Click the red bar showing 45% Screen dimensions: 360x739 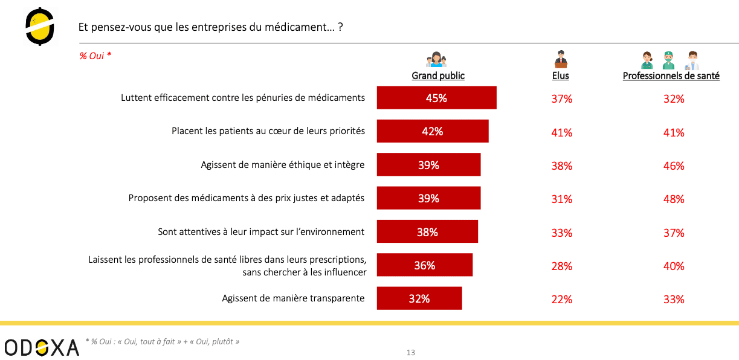(436, 98)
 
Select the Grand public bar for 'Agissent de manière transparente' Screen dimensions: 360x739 (419, 298)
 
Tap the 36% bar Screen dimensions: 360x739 (425, 265)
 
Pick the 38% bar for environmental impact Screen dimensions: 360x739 (427, 232)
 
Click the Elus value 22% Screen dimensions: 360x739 (561, 299)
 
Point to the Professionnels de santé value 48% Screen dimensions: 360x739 (674, 199)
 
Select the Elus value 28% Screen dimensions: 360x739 (561, 266)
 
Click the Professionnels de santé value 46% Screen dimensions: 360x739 (674, 166)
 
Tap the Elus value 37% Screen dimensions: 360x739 (561, 98)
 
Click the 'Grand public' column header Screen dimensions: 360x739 (438, 76)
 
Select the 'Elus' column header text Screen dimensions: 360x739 (561, 76)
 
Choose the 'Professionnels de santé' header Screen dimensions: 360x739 (671, 76)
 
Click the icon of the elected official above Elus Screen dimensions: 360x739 (561, 59)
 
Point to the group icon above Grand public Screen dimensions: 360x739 (436, 59)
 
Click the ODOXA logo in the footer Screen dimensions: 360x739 (42, 347)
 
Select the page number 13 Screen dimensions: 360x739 (411, 353)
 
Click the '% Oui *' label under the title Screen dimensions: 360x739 (95, 56)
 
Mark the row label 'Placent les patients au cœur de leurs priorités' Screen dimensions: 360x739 (268, 131)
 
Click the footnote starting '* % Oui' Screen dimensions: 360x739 (163, 342)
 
